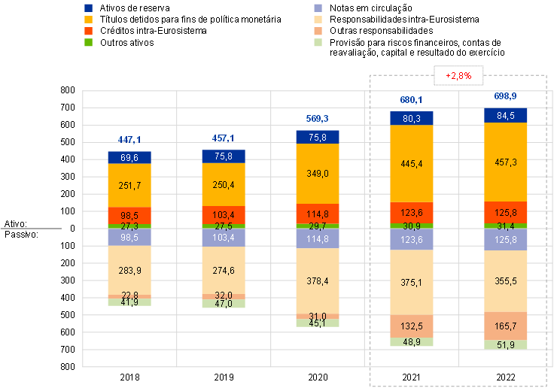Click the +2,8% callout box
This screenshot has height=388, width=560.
tap(458, 76)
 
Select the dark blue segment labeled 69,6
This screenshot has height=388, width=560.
tap(129, 157)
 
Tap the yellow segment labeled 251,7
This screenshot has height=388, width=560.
tap(129, 185)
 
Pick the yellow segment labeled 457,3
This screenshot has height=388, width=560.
tap(506, 162)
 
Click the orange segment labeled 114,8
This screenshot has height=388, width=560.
tap(318, 214)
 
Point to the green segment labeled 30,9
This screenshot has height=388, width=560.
tap(412, 226)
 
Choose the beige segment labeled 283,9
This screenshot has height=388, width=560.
tap(129, 270)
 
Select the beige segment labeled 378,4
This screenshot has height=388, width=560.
tap(318, 280)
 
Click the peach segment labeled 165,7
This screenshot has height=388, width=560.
tap(506, 326)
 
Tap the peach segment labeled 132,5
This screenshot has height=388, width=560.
tap(412, 326)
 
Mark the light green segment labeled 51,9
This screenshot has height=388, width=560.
tap(506, 344)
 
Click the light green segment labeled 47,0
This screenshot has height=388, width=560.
tap(224, 304)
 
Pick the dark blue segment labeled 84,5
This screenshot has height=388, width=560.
tap(506, 116)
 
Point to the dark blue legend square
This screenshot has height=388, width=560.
tap(89, 8)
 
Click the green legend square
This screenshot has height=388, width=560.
tap(89, 43)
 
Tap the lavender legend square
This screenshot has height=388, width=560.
tap(319, 8)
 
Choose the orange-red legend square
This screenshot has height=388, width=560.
tap(89, 31)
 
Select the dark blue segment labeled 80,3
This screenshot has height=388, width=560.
tap(412, 118)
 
